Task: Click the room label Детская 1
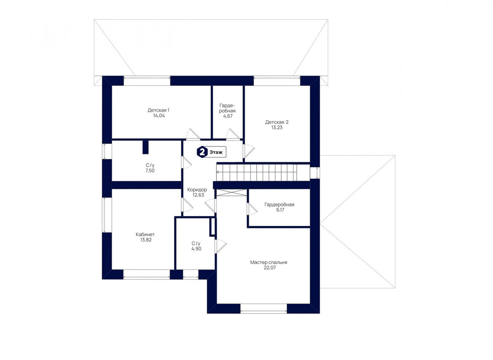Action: [x=158, y=110]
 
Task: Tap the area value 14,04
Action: [x=159, y=116]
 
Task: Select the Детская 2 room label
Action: [x=277, y=122]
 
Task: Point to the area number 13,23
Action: [x=277, y=127]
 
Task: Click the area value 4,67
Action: [x=227, y=116]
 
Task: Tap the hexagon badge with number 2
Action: [x=202, y=152]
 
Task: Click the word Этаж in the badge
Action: [x=216, y=152]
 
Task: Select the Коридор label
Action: [x=197, y=190]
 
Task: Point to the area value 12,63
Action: [x=199, y=195]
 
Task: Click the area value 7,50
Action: [x=150, y=170]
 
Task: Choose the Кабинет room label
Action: [x=145, y=234]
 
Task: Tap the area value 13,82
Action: [x=145, y=240]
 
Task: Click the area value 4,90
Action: [x=196, y=249]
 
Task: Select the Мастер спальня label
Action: [x=268, y=262]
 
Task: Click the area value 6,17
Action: [x=280, y=210]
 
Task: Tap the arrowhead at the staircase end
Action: [x=218, y=172]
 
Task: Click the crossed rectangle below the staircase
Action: [x=231, y=193]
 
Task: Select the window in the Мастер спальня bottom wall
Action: [x=263, y=309]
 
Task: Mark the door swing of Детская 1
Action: [x=193, y=134]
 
